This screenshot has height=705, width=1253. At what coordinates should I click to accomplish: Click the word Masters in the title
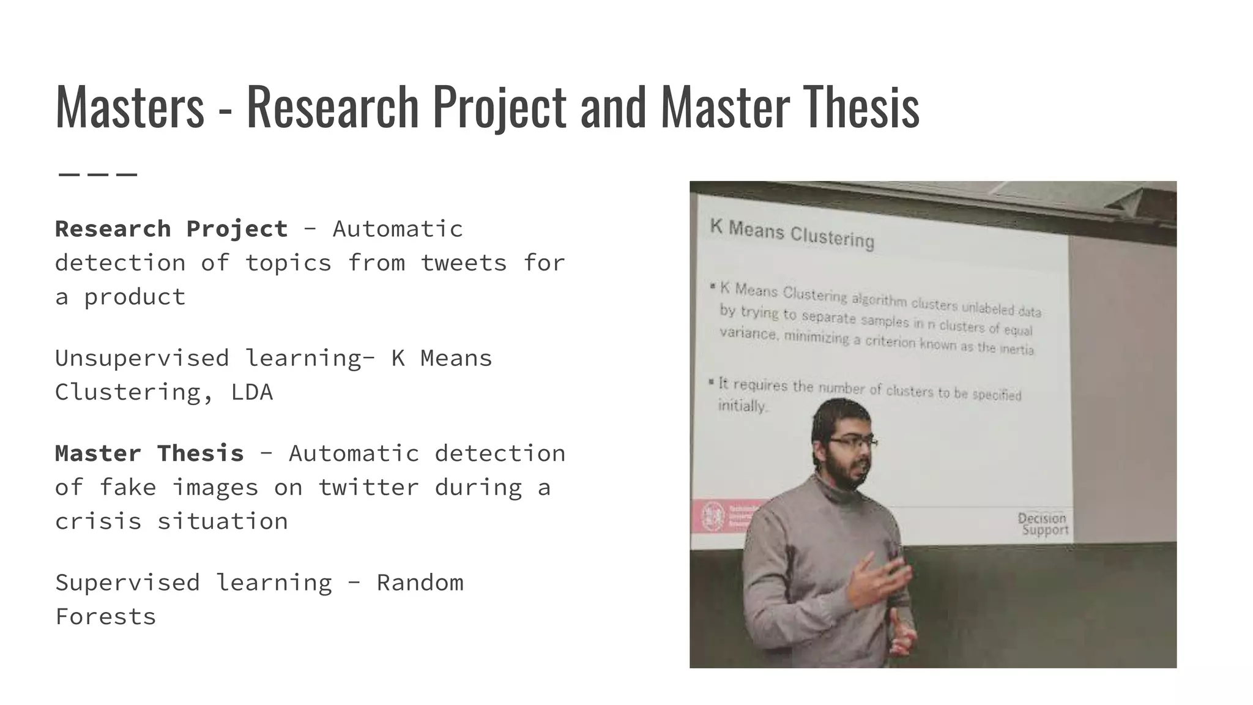tap(130, 107)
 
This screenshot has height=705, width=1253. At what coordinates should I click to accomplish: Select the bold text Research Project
tap(171, 229)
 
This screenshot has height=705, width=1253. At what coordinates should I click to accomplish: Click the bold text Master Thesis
tap(149, 453)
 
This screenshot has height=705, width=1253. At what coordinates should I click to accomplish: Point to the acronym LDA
tap(251, 392)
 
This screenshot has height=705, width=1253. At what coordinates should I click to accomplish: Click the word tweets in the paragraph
tap(464, 263)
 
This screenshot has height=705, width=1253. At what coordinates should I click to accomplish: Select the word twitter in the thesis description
tap(368, 488)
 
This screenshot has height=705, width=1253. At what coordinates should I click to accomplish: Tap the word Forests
tap(105, 617)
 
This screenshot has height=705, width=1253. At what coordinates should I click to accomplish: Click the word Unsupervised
tap(142, 359)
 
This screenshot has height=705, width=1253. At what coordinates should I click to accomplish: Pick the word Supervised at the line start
tap(127, 583)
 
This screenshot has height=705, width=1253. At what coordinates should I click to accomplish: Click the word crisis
tap(98, 522)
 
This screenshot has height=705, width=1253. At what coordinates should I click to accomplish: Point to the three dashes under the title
tap(98, 174)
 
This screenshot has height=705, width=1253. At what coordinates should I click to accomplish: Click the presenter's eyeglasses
tap(853, 441)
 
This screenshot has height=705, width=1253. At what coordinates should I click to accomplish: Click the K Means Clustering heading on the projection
tap(792, 234)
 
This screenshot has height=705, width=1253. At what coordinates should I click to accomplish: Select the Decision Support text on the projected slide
tap(1044, 524)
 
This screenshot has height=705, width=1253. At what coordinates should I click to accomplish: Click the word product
tap(135, 297)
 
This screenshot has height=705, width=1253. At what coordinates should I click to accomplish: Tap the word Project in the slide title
tap(499, 107)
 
